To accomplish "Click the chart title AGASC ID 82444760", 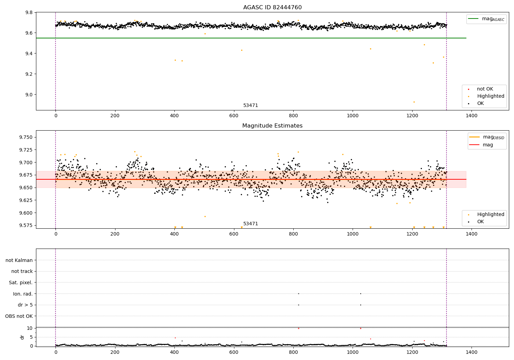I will pyautogui.click(x=272, y=8).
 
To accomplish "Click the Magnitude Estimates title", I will pyautogui.click(x=272, y=126).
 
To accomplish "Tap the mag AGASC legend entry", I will pyautogui.click(x=486, y=19).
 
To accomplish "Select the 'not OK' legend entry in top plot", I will pyautogui.click(x=485, y=89).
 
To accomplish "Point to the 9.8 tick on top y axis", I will pyautogui.click(x=29, y=13).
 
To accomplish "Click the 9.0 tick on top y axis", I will pyautogui.click(x=29, y=95).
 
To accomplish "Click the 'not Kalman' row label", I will pyautogui.click(x=19, y=260).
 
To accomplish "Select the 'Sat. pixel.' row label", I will pyautogui.click(x=21, y=283).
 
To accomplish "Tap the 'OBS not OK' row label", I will pyautogui.click(x=19, y=316).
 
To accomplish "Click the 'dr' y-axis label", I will pyautogui.click(x=22, y=337).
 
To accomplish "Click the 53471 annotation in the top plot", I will pyautogui.click(x=250, y=106).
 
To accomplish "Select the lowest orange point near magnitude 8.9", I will pyautogui.click(x=414, y=102).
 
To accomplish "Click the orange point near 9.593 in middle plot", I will pyautogui.click(x=205, y=216).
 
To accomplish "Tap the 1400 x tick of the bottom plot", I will pyautogui.click(x=472, y=352).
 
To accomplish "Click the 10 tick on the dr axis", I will pyautogui.click(x=30, y=328).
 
